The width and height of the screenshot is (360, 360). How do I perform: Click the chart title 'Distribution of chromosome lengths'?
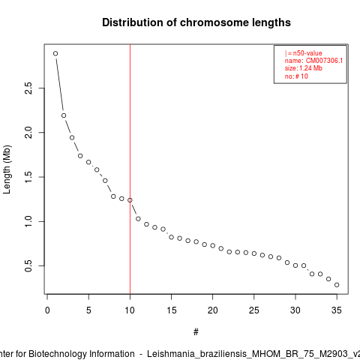tap(196, 22)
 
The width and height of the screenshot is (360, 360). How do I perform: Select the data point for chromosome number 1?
tap(55, 53)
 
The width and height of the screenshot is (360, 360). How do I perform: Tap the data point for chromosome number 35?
tap(337, 285)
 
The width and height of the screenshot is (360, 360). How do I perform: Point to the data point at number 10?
tap(130, 200)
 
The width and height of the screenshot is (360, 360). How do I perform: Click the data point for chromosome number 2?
tap(64, 115)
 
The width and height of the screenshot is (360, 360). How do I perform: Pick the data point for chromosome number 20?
tap(213, 245)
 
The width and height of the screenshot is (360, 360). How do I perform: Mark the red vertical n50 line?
tap(130, 169)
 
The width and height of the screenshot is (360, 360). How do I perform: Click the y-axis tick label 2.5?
tap(28, 88)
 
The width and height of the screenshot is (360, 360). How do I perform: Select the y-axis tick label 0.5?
tap(28, 265)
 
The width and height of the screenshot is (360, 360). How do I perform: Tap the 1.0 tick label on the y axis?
tap(28, 221)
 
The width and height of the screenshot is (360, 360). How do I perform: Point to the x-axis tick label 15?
tap(171, 310)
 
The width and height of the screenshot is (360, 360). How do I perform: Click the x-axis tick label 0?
tap(47, 310)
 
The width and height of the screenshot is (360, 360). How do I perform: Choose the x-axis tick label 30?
tap(295, 310)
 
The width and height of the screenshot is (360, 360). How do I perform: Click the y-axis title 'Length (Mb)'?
tap(7, 169)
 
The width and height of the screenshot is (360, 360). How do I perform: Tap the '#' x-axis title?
tap(196, 332)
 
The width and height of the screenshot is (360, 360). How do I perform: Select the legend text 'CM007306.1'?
tap(324, 61)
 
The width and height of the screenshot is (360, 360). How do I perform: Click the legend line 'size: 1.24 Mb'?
tap(303, 68)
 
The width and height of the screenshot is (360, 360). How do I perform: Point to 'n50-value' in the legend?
tap(307, 53)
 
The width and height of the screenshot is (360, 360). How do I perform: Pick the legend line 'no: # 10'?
tap(296, 76)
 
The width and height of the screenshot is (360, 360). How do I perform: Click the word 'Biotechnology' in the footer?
tap(82, 354)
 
